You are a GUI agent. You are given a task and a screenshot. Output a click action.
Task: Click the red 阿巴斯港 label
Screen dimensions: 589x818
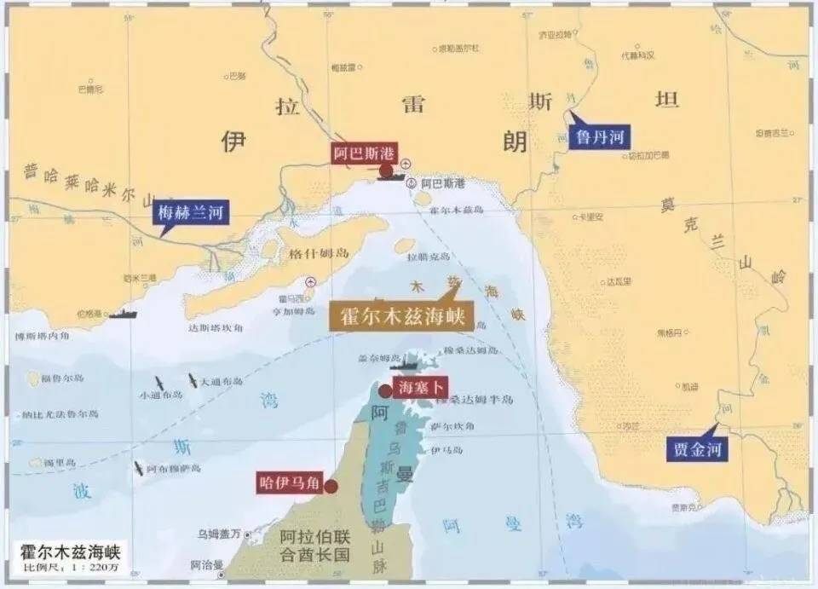365,153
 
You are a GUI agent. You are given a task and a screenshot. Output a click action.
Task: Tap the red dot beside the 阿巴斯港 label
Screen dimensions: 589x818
386,170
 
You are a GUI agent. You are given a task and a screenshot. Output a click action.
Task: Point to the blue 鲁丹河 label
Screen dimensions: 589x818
601,136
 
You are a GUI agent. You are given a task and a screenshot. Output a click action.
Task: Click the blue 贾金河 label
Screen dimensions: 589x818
697,448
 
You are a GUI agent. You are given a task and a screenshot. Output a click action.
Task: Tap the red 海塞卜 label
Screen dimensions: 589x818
421,387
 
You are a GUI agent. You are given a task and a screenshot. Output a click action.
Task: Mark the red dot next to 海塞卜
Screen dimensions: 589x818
385,390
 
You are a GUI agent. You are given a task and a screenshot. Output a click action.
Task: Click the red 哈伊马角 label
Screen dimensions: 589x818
289,483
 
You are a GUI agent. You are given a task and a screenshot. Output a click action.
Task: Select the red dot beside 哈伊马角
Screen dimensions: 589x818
331,486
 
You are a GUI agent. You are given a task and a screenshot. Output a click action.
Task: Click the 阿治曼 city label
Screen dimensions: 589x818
207,563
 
